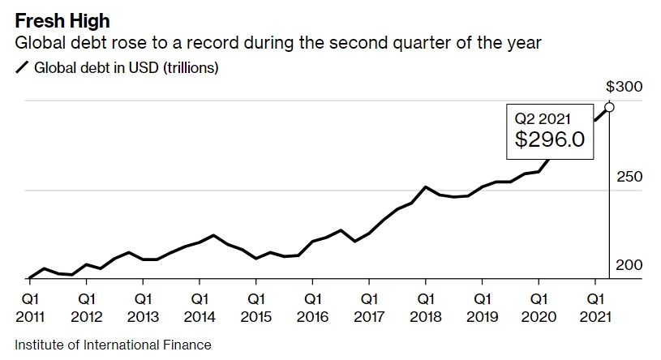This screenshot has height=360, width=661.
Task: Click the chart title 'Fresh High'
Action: (x=62, y=17)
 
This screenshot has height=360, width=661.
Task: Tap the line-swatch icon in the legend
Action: (x=21, y=68)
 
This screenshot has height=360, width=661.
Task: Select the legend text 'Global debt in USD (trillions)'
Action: (x=126, y=68)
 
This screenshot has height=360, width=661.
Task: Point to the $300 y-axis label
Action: (x=625, y=87)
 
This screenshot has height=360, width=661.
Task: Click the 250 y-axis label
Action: (x=629, y=177)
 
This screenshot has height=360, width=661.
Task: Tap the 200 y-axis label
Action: (x=629, y=265)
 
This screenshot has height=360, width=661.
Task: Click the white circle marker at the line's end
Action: (x=609, y=107)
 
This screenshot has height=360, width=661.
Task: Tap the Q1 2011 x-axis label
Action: (x=30, y=307)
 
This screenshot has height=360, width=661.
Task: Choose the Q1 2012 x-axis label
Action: (x=87, y=307)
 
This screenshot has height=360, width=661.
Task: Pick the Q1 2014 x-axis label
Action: (x=200, y=307)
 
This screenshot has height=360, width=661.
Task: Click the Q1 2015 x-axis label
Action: (x=256, y=307)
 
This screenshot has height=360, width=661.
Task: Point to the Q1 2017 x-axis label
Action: (x=369, y=307)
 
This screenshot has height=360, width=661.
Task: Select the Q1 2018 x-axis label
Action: (x=426, y=307)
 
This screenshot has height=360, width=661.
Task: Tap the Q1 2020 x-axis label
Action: (x=539, y=307)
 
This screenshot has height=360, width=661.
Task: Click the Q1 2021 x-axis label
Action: (x=595, y=307)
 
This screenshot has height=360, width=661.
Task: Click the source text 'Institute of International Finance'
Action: (x=113, y=345)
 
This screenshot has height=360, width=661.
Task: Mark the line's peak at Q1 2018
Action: (x=426, y=186)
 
